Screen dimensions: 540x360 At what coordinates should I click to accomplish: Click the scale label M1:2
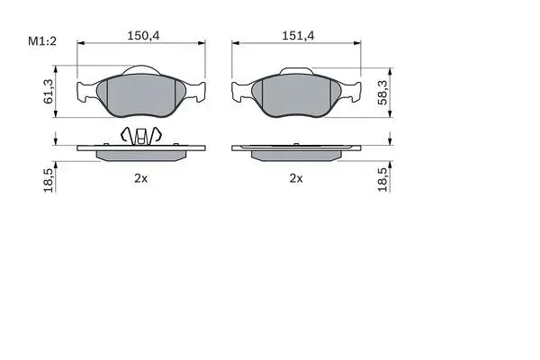pyautogui.click(x=42, y=41)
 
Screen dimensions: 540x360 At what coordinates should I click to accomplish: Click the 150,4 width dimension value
pyautogui.click(x=144, y=35)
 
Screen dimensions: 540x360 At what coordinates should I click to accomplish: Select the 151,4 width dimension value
pyautogui.click(x=298, y=35)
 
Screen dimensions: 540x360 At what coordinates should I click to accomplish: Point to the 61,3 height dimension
pyautogui.click(x=49, y=91)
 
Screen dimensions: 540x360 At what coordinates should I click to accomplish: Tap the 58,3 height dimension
pyautogui.click(x=382, y=93)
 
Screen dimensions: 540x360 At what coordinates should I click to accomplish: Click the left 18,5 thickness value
pyautogui.click(x=49, y=181)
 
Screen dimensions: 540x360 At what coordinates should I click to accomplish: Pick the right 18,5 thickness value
pyautogui.click(x=382, y=179)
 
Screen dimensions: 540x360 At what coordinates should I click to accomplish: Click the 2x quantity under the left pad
pyautogui.click(x=141, y=178)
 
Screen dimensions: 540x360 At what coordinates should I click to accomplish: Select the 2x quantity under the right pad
pyautogui.click(x=296, y=178)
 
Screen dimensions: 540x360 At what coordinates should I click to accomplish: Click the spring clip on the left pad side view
pyautogui.click(x=140, y=135)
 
